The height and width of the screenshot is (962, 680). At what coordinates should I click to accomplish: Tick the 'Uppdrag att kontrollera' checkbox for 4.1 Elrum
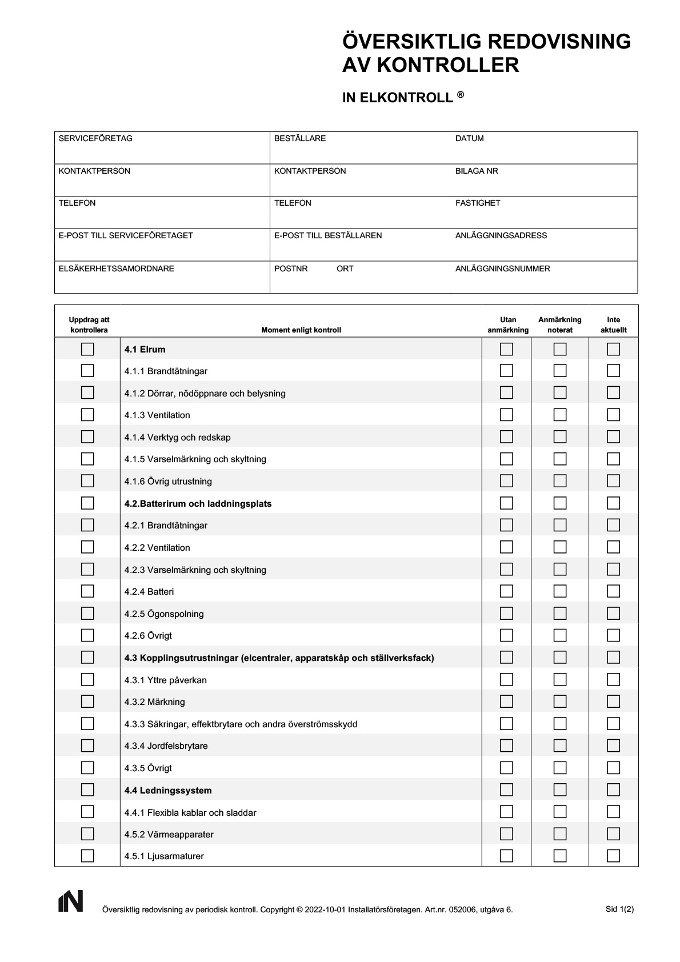pyautogui.click(x=87, y=349)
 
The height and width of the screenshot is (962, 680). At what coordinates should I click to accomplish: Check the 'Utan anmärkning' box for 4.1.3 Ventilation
pyautogui.click(x=506, y=415)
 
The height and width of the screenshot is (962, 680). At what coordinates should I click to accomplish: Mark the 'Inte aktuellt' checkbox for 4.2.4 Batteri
pyautogui.click(x=613, y=591)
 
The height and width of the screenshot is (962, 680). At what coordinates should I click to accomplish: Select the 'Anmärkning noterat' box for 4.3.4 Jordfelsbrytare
pyautogui.click(x=560, y=745)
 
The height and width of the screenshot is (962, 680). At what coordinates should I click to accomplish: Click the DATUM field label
pyautogui.click(x=469, y=138)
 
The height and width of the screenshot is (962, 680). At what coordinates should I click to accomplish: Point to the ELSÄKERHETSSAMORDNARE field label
pyautogui.click(x=116, y=268)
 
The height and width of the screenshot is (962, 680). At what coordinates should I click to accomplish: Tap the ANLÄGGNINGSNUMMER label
pyautogui.click(x=502, y=268)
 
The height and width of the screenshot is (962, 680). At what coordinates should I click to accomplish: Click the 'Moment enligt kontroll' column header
pyautogui.click(x=301, y=330)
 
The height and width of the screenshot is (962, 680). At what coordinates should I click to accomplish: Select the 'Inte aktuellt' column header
pyautogui.click(x=613, y=325)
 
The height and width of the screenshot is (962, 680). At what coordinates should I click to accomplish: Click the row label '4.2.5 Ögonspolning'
pyautogui.click(x=164, y=614)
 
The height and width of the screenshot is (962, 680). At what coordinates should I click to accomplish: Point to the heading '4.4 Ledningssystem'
pyautogui.click(x=168, y=791)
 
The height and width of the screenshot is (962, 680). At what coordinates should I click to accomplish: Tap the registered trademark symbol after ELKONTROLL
pyautogui.click(x=460, y=95)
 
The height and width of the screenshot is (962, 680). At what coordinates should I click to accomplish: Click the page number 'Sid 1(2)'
pyautogui.click(x=619, y=909)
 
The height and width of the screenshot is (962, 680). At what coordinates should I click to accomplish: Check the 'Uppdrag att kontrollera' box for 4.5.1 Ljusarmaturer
pyautogui.click(x=87, y=856)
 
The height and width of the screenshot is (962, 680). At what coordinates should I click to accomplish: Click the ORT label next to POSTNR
pyautogui.click(x=345, y=268)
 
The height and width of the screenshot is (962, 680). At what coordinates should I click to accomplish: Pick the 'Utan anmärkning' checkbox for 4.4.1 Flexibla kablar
pyautogui.click(x=506, y=812)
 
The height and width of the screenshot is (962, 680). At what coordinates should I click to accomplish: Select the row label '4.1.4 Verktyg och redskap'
pyautogui.click(x=177, y=438)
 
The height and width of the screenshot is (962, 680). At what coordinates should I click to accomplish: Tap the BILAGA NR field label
pyautogui.click(x=477, y=171)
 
